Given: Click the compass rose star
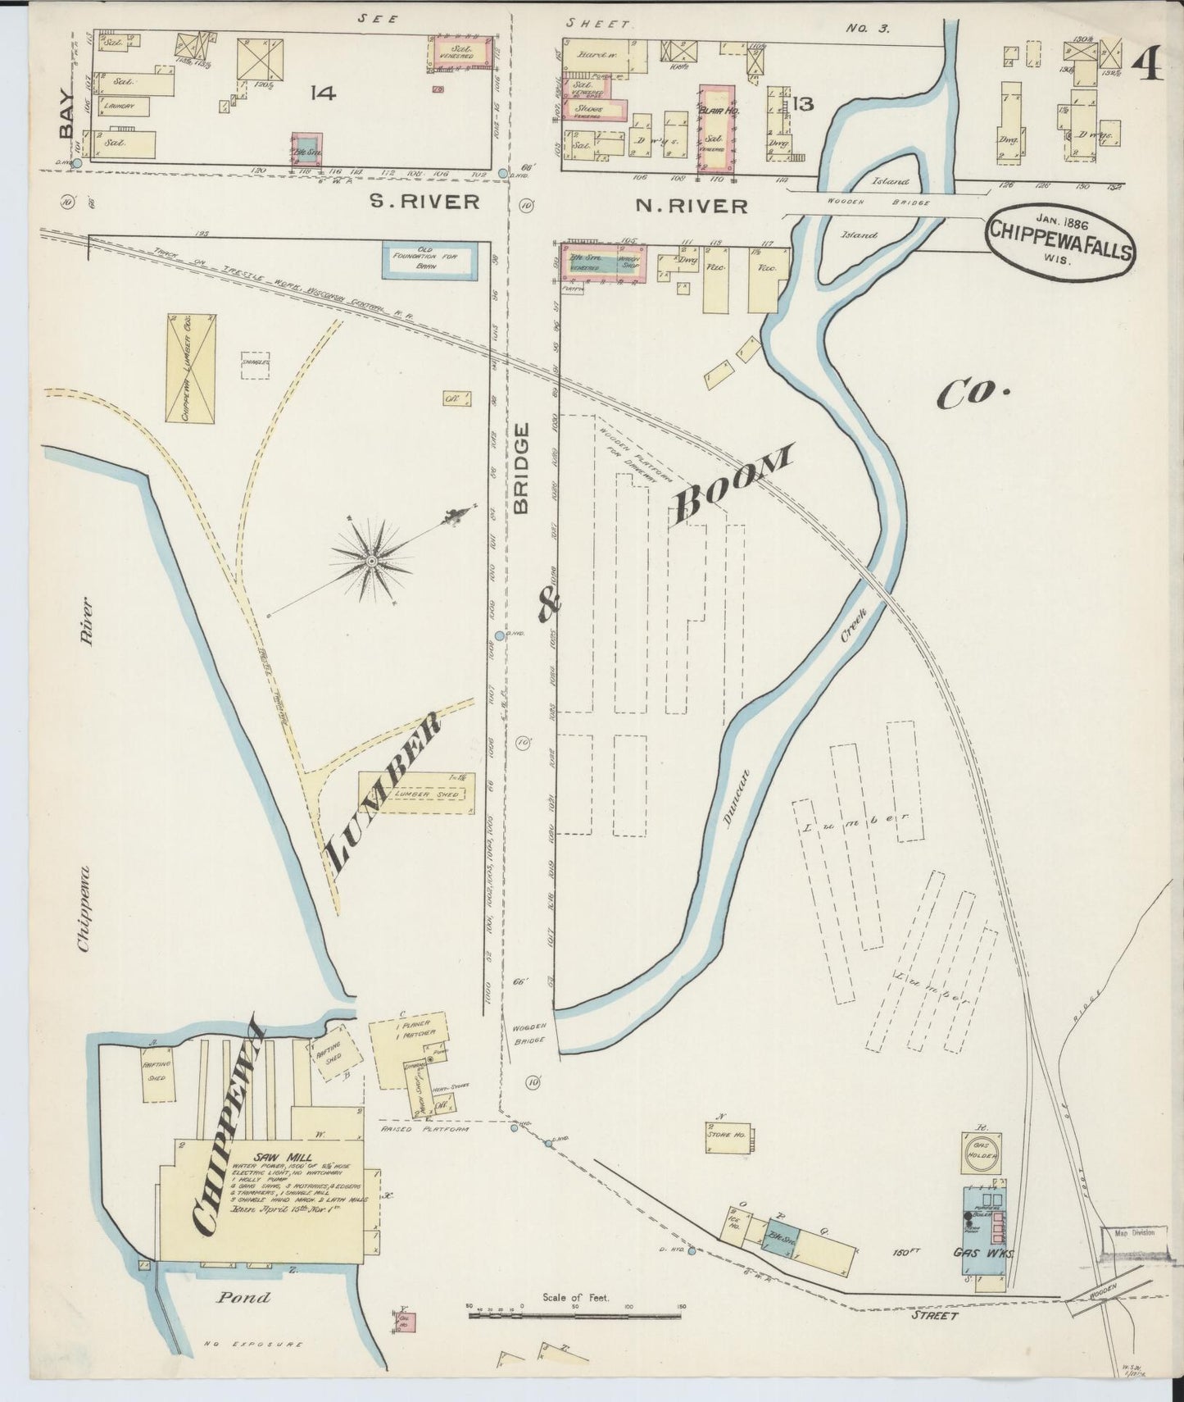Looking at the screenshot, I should (x=370, y=561).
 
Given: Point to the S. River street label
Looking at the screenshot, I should (x=424, y=202).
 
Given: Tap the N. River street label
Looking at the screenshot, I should (x=692, y=206).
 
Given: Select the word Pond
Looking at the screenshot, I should (x=243, y=1298).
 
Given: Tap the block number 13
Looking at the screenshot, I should (x=802, y=104).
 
